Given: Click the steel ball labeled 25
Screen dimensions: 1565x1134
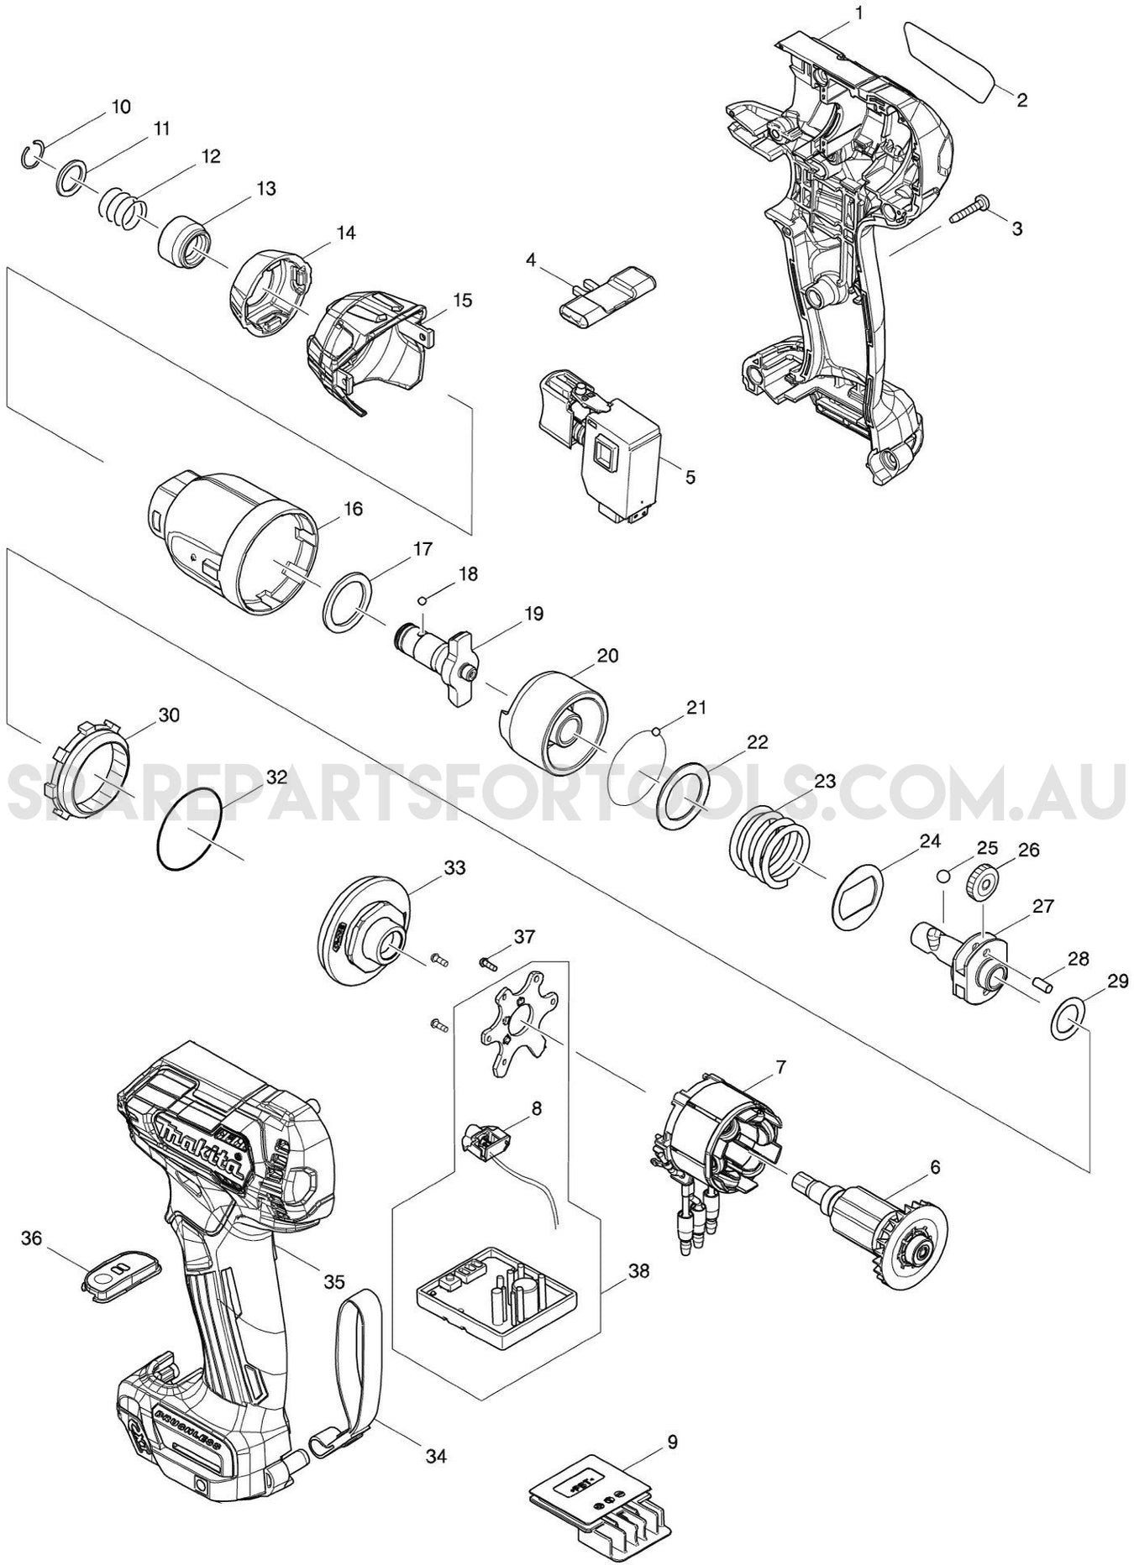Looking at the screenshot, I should click(944, 876).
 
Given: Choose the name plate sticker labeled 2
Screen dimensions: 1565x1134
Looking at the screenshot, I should click(948, 62).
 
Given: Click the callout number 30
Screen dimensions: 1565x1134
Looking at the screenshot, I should click(169, 714).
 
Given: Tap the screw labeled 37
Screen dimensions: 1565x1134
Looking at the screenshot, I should click(488, 962).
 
